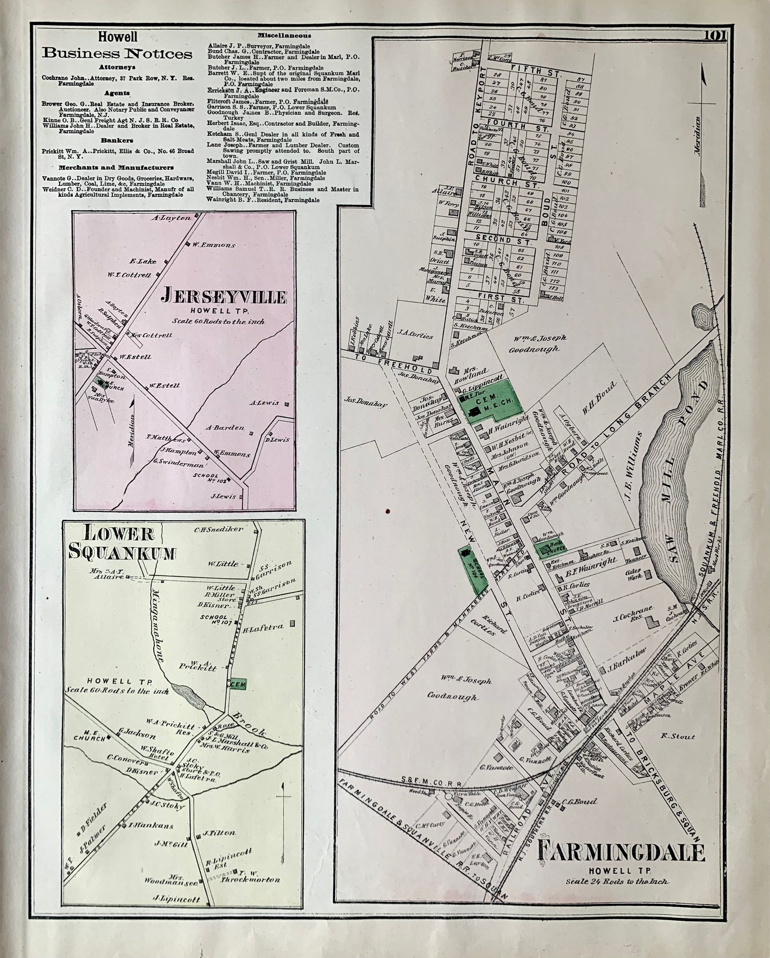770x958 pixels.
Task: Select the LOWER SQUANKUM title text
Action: (x=121, y=542)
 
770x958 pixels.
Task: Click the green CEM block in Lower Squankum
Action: (x=239, y=684)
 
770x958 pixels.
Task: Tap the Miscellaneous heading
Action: (x=284, y=35)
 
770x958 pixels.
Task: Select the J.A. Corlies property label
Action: (x=415, y=335)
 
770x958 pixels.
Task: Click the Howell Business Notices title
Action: (x=117, y=47)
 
